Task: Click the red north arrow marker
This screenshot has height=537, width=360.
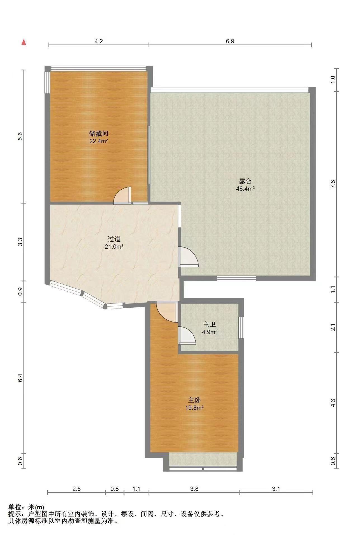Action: tap(24, 42)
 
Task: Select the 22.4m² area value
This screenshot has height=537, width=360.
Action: tap(99, 141)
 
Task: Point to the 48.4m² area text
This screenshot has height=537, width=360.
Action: tap(245, 189)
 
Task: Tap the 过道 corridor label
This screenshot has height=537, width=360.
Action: tap(114, 239)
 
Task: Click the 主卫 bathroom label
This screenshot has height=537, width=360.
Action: tap(210, 324)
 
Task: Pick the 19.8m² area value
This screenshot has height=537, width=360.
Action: tap(194, 408)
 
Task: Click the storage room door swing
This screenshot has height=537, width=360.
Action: tap(122, 195)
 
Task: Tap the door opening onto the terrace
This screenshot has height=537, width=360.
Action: tap(188, 257)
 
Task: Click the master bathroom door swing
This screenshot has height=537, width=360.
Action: tap(187, 335)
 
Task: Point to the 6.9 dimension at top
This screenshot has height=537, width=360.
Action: tap(230, 41)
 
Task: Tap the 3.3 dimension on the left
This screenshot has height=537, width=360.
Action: tap(20, 242)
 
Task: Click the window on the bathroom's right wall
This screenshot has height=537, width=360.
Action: tap(241, 328)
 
